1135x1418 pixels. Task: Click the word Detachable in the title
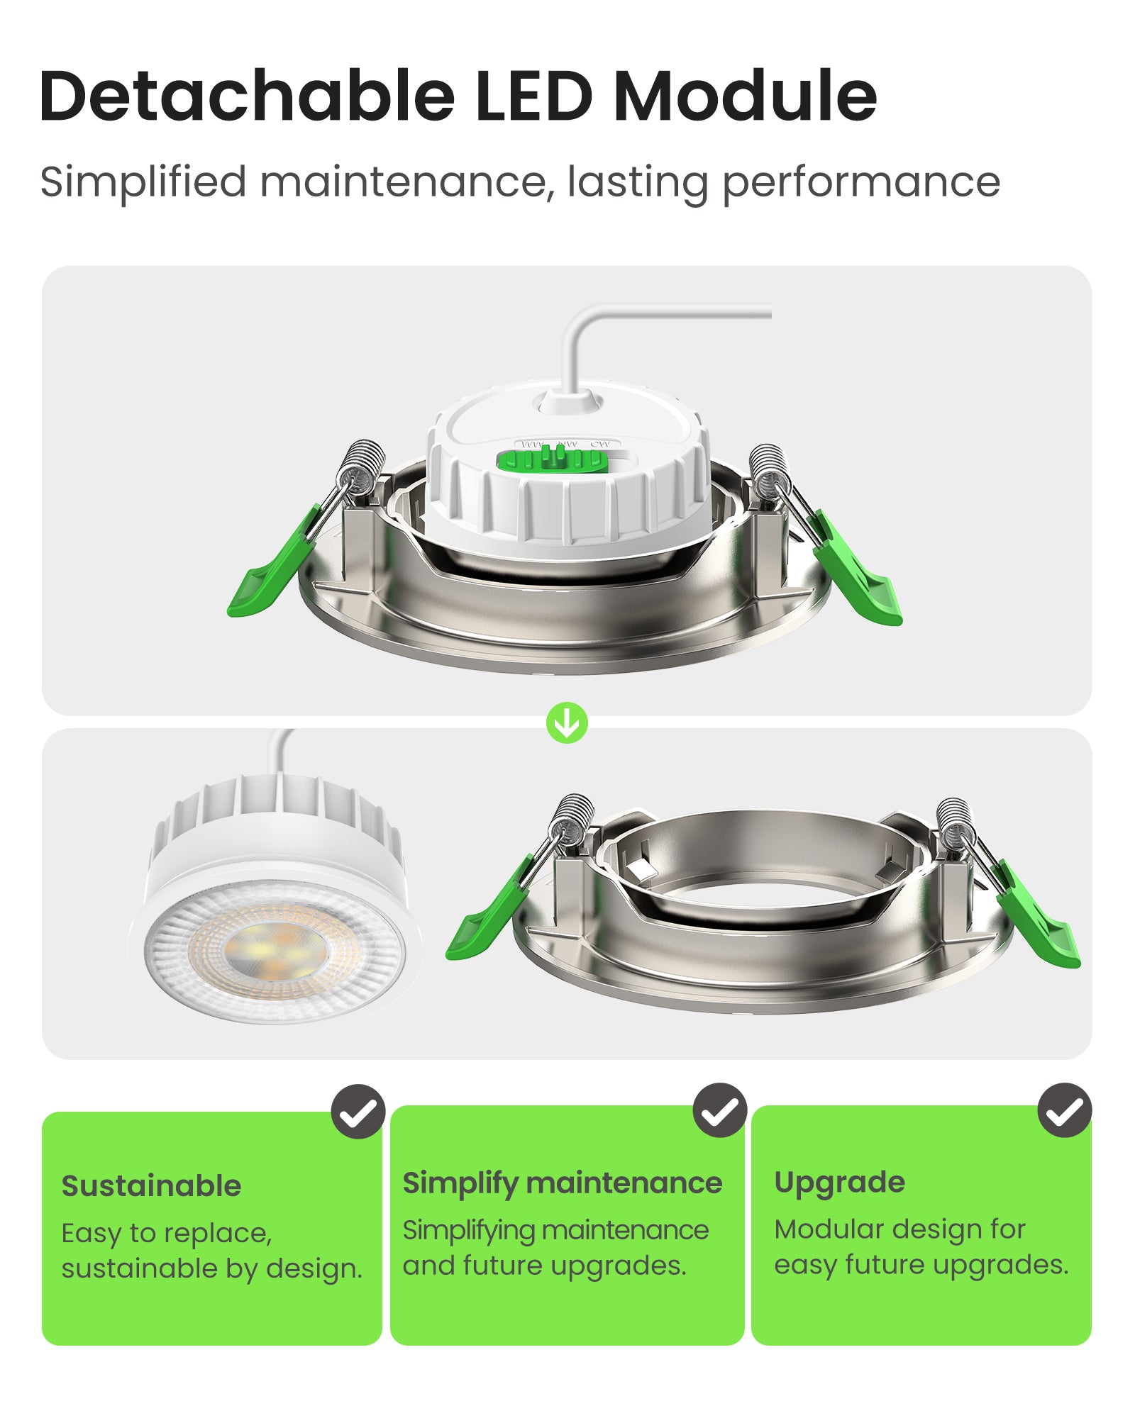point(247,96)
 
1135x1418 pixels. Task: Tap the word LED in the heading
point(533,96)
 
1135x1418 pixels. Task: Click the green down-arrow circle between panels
point(567,723)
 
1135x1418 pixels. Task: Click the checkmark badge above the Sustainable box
point(358,1112)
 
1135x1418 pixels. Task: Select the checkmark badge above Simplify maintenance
point(719,1110)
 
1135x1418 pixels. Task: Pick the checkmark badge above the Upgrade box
point(1064,1110)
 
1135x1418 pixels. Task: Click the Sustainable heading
point(151,1186)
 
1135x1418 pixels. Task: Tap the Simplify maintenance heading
point(562,1183)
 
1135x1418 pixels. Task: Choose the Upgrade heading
point(839,1182)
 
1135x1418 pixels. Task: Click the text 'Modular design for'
point(899,1229)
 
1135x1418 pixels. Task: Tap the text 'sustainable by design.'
point(211,1268)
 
